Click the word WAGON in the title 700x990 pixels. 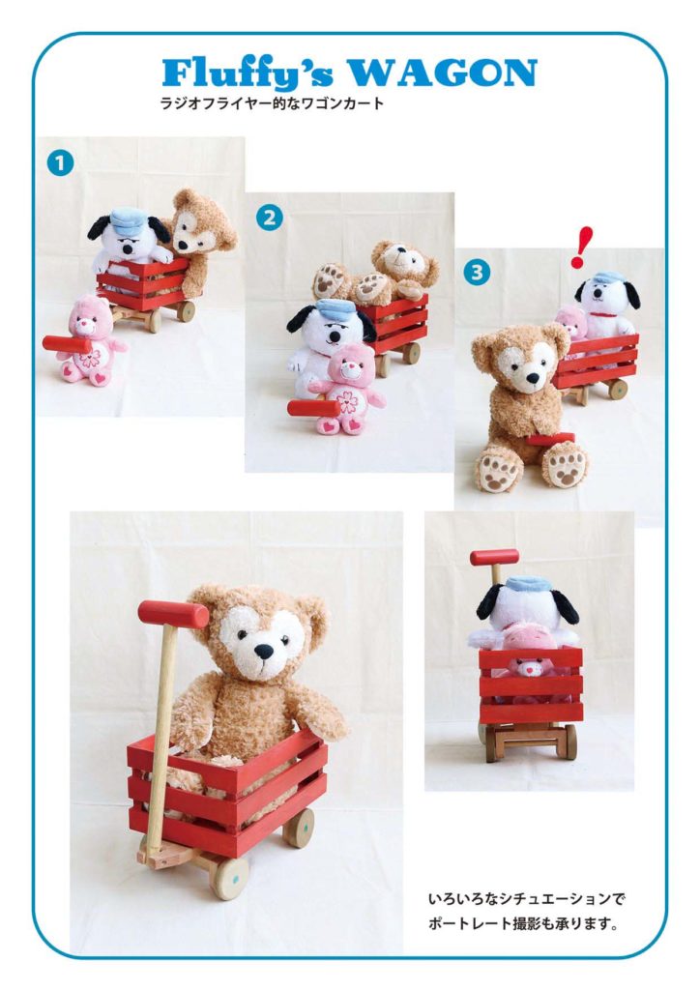pos(443,73)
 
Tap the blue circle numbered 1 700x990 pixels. pos(60,162)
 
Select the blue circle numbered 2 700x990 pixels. pos(270,218)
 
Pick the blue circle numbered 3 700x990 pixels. pos(478,272)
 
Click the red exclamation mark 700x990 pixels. pos(582,247)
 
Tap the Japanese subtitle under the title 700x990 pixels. pos(272,103)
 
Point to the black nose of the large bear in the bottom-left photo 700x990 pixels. pos(263,652)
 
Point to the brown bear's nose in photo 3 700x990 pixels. pos(533,378)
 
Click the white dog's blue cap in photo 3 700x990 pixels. pos(608,277)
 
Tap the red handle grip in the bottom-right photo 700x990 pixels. pos(494,557)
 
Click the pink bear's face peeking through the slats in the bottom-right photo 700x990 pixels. pos(530,667)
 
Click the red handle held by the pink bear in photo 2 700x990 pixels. pos(313,408)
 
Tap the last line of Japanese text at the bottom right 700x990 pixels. pos(523,923)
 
